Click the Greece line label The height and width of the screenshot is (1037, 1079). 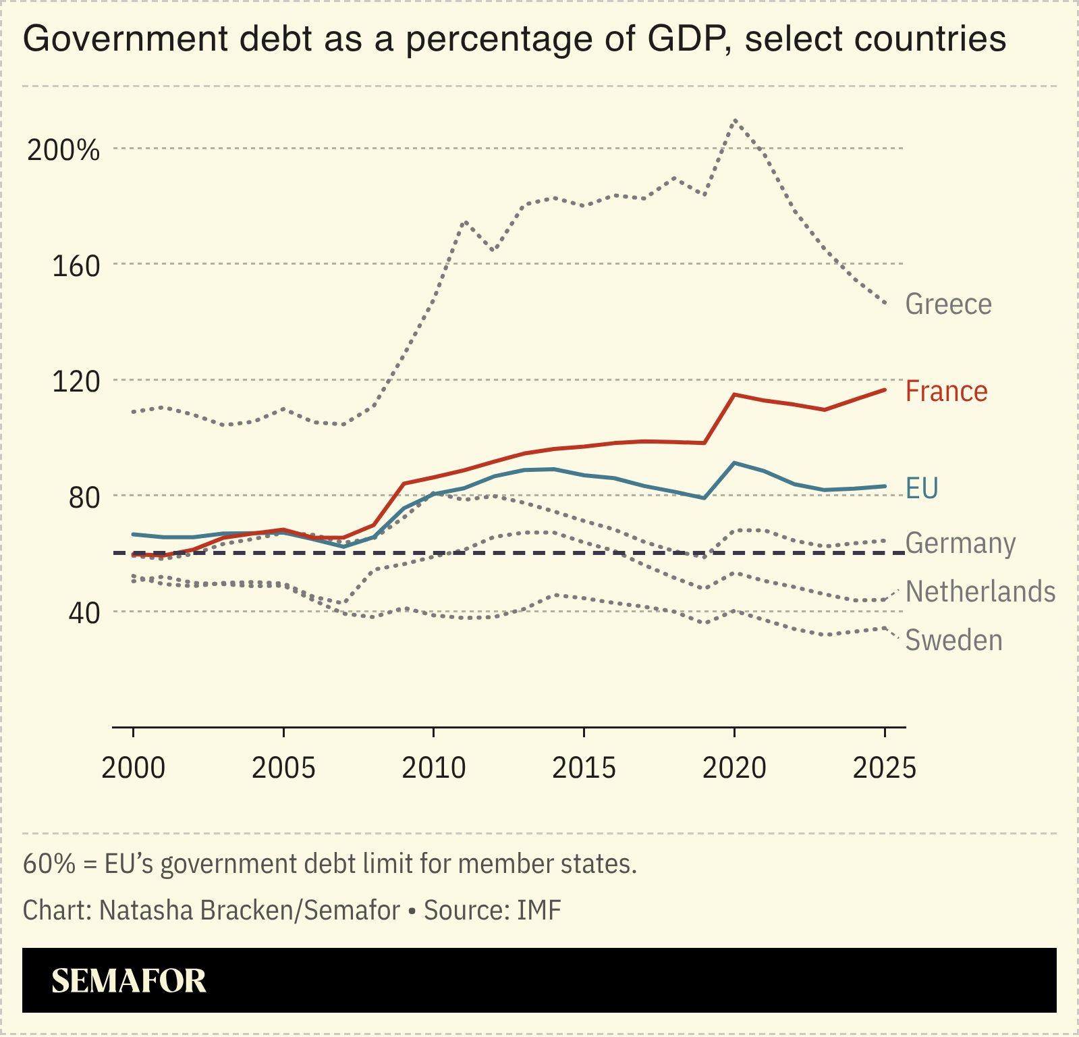[x=948, y=304]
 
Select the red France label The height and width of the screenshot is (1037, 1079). [x=946, y=392]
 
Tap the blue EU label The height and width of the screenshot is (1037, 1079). [x=922, y=488]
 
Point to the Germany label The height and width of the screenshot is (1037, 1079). [x=960, y=543]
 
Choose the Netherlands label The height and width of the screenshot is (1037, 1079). [x=980, y=591]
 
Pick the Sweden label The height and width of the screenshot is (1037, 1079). [x=953, y=640]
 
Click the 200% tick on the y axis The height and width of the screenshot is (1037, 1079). [x=63, y=150]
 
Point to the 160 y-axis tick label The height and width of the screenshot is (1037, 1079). [x=76, y=266]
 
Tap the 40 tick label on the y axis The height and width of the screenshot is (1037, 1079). [x=84, y=613]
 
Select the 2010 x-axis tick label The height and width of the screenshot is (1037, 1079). [x=433, y=768]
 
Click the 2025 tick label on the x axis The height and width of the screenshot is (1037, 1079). [x=884, y=768]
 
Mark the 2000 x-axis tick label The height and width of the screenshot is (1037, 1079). [x=133, y=768]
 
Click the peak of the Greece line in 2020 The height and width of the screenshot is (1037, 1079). [x=734, y=120]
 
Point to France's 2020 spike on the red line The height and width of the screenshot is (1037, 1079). [x=734, y=394]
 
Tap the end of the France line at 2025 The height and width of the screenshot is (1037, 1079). [x=884, y=390]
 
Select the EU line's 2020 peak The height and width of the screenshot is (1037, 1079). [x=734, y=463]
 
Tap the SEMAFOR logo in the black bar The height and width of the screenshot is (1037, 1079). [x=128, y=981]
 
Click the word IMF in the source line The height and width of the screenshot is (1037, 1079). [x=538, y=910]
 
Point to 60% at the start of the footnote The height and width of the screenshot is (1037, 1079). [x=49, y=863]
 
